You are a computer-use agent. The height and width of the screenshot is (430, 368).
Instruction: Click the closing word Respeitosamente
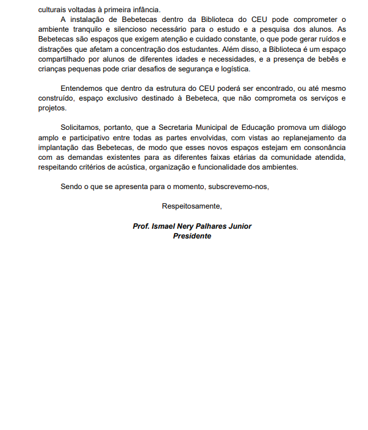(x=192, y=206)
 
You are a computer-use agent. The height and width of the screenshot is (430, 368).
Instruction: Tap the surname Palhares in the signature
(x=211, y=226)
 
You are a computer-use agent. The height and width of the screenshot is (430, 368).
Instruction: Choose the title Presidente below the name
(x=192, y=236)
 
